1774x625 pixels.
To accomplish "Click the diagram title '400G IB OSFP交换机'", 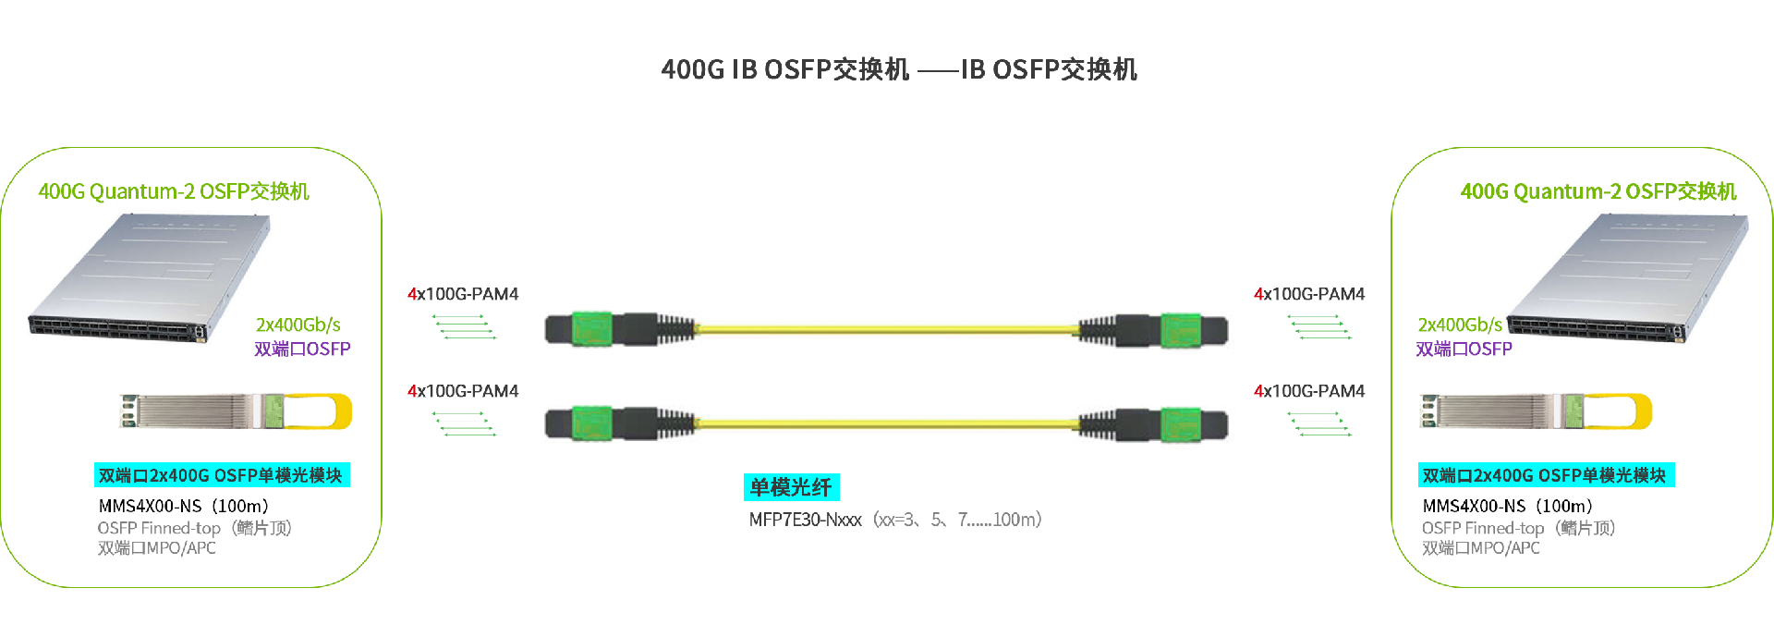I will click(x=785, y=69).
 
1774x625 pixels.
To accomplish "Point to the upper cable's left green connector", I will click(x=590, y=329).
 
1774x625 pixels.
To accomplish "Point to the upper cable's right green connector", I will click(x=1180, y=329).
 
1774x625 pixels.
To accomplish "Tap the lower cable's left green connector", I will click(x=590, y=423).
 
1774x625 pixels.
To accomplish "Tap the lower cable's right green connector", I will click(x=1180, y=423).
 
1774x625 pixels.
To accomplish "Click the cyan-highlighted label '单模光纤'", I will click(x=791, y=487).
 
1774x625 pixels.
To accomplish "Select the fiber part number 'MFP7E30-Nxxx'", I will click(x=805, y=520).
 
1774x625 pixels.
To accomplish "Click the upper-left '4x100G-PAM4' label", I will click(x=463, y=294).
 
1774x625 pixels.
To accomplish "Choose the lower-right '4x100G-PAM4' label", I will click(x=1309, y=391).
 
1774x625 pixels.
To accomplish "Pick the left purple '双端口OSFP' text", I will click(x=302, y=349).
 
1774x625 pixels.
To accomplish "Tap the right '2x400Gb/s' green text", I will click(x=1460, y=325).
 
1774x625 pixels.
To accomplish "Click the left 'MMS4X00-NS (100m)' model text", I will click(x=184, y=506).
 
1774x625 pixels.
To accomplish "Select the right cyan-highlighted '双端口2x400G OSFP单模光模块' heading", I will click(x=1545, y=475).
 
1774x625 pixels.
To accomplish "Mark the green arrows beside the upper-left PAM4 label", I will click(x=464, y=326).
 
